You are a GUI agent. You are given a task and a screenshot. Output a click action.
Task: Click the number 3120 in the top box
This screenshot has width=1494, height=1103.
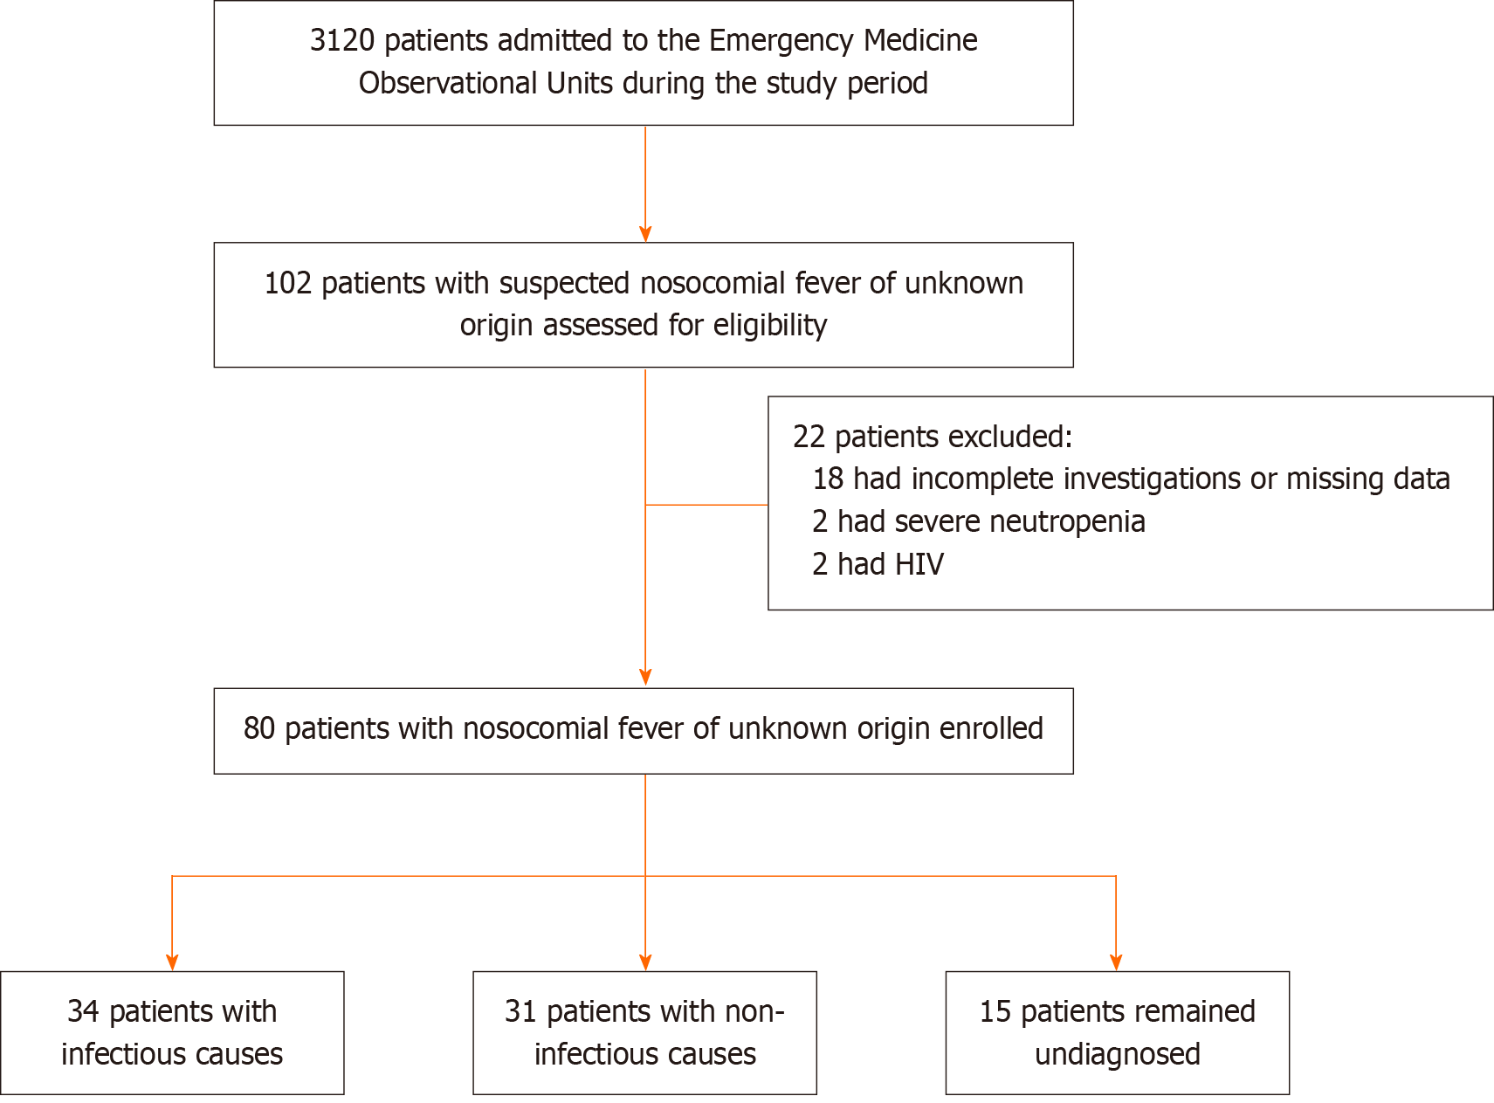point(342,41)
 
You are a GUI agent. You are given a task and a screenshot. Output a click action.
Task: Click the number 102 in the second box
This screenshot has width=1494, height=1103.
point(288,284)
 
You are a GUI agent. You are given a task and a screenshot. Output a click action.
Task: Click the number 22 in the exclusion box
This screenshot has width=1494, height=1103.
point(809,437)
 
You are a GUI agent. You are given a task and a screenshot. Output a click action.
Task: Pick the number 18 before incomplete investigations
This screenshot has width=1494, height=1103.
point(828,479)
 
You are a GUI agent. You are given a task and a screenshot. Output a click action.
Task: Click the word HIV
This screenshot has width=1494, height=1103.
point(918,565)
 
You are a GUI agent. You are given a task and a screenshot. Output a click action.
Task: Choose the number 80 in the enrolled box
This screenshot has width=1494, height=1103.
point(259,729)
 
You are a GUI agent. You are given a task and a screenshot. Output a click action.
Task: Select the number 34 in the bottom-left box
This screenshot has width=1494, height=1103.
point(84,1012)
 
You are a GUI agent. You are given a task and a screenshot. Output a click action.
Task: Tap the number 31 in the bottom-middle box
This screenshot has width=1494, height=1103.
point(520,1012)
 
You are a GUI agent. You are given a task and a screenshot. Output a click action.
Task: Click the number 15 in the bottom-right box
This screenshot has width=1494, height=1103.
point(995,1012)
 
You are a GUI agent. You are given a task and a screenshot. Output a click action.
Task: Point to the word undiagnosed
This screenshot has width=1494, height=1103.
point(1118,1055)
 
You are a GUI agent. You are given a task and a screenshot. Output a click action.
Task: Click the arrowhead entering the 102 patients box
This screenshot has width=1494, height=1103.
point(645,234)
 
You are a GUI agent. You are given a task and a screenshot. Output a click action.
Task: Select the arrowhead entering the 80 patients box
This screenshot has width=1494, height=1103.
point(645,678)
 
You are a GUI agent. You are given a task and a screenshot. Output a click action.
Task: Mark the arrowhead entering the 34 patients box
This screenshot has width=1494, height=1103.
point(172,962)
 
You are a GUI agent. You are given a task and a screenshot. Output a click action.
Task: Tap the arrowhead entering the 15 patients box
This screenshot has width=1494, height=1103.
point(1116,962)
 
